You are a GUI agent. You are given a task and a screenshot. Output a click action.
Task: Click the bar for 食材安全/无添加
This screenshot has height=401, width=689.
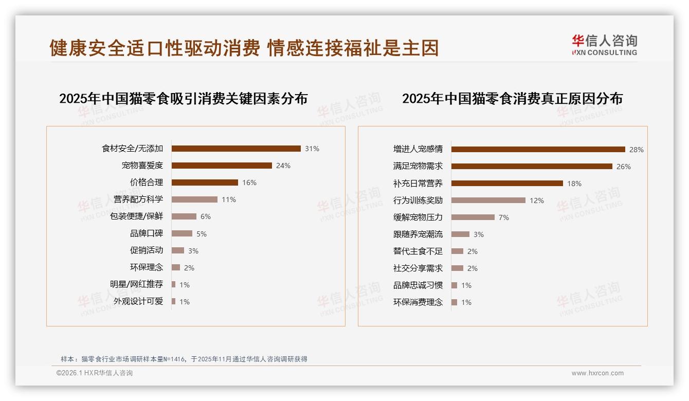pos(236,149)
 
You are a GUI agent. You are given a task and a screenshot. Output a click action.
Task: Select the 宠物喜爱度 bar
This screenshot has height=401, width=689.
pos(222,166)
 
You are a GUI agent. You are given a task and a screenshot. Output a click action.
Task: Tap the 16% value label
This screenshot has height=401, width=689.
pos(249,183)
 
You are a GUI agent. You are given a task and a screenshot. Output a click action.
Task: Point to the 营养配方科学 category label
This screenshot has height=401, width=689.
pos(138,199)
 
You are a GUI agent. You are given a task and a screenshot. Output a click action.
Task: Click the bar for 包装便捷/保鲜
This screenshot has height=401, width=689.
pos(184,216)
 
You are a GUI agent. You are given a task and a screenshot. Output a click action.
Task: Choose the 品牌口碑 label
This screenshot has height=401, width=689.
pos(147,233)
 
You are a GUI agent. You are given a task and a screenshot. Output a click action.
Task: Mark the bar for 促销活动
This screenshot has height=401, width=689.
pos(178,250)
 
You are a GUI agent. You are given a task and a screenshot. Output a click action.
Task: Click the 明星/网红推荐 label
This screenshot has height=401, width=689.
pos(136,284)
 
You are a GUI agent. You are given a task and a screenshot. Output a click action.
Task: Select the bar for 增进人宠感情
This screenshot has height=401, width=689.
pos(538,149)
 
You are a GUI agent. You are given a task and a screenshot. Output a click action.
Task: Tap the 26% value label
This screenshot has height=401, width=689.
pos(624,167)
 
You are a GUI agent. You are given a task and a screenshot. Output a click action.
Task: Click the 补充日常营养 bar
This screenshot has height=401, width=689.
pos(507,183)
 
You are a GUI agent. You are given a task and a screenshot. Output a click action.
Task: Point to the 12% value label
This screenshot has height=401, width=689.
pos(536,200)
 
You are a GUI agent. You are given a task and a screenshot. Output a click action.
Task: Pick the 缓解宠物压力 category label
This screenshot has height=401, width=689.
pos(418,217)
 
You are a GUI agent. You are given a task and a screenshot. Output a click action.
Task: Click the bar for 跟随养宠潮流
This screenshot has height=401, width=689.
pos(460,234)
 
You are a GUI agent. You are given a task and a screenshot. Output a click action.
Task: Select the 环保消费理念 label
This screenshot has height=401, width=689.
pos(418,302)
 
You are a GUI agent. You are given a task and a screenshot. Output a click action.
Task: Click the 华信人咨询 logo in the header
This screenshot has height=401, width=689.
pos(605,45)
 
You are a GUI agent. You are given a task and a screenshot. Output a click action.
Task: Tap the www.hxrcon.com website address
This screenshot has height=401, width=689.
pos(597,373)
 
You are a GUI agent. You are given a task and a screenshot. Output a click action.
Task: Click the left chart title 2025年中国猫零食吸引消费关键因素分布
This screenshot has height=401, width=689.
pos(183,98)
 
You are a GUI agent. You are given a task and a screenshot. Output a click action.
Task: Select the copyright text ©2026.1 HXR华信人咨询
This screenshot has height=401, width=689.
pos(95,373)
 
